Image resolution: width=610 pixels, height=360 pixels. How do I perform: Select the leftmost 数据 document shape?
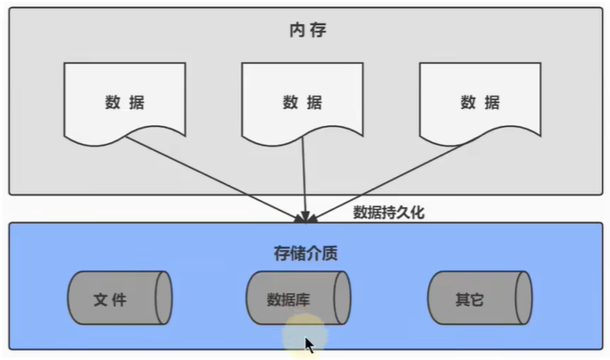[x=124, y=101]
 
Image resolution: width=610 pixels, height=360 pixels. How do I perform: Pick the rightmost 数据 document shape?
[x=480, y=101]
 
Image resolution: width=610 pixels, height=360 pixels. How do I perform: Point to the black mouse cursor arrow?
[x=309, y=345]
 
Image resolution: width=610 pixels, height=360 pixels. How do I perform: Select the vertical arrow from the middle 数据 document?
[x=304, y=179]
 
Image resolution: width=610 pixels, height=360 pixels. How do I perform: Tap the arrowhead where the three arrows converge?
[x=304, y=217]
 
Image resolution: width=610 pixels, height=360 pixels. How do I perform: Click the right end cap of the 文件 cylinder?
[x=163, y=298]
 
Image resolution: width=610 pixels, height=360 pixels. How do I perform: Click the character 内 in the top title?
[x=297, y=30]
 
